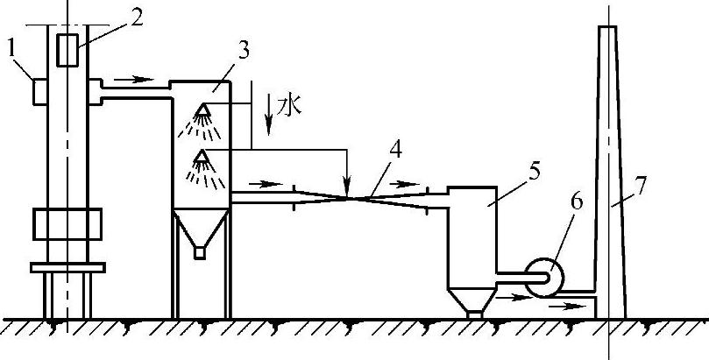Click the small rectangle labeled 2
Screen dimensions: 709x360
click(x=67, y=51)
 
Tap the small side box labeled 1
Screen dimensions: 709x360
click(x=38, y=91)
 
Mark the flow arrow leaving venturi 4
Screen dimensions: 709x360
click(x=405, y=185)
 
